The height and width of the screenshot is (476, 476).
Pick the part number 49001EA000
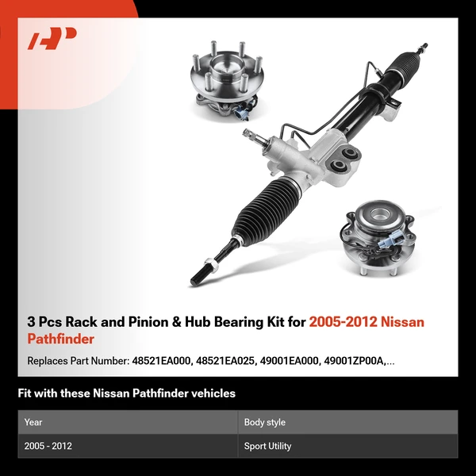click(x=293, y=361)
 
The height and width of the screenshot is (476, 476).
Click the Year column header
click(x=33, y=422)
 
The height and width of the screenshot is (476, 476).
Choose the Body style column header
click(x=265, y=422)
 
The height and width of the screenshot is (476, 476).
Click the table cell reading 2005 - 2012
click(x=48, y=446)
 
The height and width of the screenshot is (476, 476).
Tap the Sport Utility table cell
click(x=268, y=446)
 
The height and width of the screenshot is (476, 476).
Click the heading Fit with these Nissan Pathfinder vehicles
click(x=127, y=393)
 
